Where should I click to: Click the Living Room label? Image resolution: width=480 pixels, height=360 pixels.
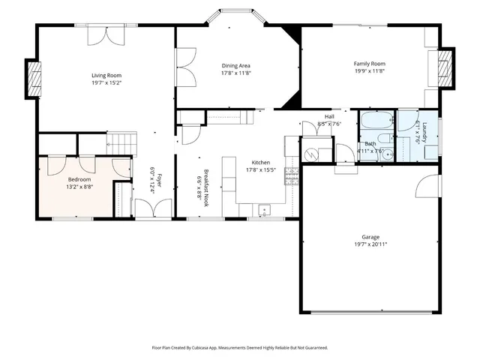coord(106,75)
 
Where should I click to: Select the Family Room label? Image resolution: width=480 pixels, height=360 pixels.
coord(369,64)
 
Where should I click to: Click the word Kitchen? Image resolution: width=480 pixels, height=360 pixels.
coord(260,163)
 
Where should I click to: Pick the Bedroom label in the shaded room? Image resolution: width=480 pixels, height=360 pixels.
coord(79,180)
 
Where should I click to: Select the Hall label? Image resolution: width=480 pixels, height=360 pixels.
coord(328,116)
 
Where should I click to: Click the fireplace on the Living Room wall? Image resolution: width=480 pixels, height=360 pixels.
coord(32,75)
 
